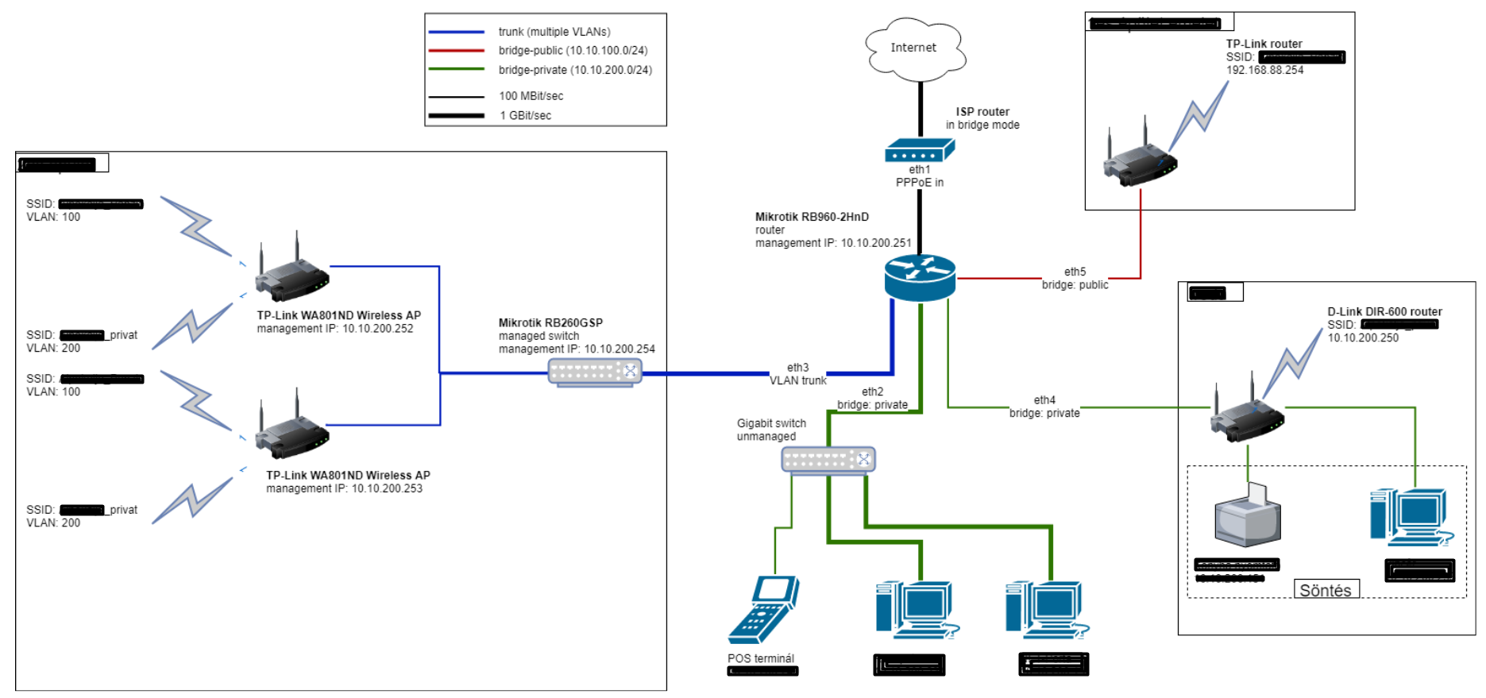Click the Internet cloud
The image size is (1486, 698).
914,48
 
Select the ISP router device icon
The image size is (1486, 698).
920,150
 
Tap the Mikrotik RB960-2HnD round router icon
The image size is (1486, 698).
920,277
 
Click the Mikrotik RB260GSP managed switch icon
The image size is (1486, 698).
595,372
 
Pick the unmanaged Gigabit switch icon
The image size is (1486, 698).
828,460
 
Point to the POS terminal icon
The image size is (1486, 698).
763,609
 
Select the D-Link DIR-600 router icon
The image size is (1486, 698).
1247,413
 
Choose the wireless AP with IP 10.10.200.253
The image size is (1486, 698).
291,430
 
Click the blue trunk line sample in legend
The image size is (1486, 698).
457,32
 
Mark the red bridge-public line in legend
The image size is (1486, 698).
457,51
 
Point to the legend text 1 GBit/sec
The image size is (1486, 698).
525,116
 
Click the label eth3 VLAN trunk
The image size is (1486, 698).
797,374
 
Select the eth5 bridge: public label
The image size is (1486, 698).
1075,279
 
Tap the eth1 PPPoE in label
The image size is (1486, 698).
920,176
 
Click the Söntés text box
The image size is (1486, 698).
1326,590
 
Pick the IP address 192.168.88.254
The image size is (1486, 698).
1264,70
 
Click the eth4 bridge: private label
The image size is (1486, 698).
1044,407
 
